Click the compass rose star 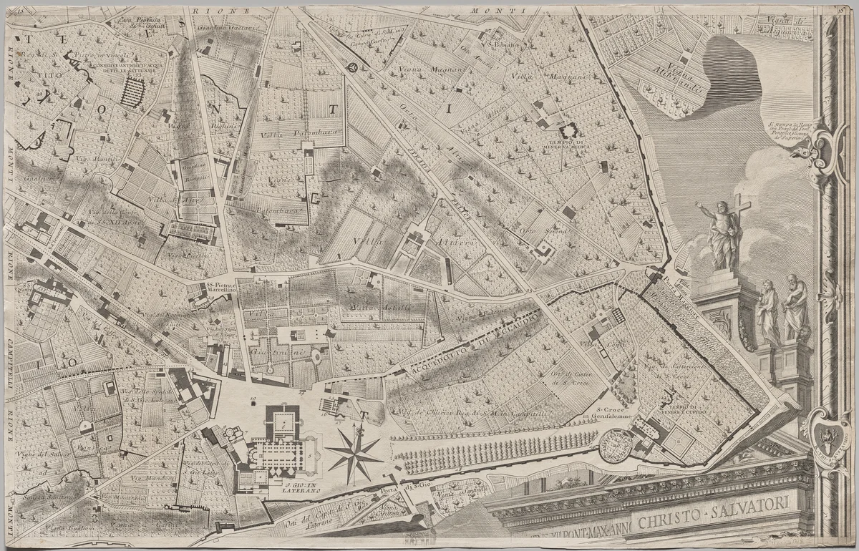coord(354,452)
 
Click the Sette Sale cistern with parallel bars coord(132,92)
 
